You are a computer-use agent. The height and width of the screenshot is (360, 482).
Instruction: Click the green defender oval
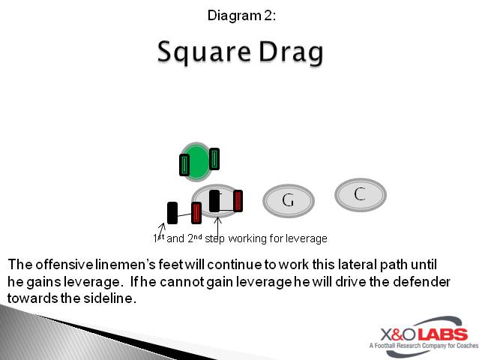198,161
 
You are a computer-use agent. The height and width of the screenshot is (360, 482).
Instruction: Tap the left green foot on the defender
184,165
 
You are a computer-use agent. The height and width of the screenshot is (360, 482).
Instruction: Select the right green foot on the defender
214,159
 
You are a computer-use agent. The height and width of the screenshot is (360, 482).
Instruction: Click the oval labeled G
288,200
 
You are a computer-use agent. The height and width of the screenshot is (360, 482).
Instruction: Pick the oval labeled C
360,194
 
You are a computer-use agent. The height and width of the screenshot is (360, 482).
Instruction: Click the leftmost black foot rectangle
172,213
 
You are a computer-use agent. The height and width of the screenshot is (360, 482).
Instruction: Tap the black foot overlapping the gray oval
215,201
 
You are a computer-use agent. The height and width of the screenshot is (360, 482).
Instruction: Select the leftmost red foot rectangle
196,213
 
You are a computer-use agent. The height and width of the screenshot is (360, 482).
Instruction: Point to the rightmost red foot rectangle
238,201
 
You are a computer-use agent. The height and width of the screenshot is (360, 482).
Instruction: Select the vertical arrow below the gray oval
218,224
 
